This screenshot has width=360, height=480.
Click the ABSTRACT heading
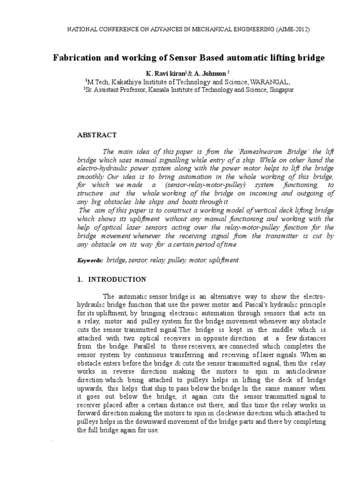[x=97, y=135]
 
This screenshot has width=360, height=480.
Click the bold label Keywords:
[x=90, y=260]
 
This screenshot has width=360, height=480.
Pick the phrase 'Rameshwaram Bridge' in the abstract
[x=250, y=152]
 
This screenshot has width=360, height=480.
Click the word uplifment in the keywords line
[x=224, y=260]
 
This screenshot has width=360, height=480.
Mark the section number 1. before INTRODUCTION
[x=79, y=279]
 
